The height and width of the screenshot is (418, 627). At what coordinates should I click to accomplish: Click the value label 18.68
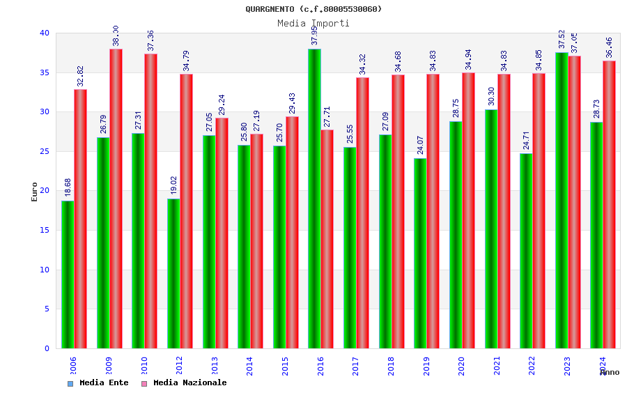[x=68, y=188]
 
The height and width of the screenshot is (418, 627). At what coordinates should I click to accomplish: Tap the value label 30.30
[x=491, y=97]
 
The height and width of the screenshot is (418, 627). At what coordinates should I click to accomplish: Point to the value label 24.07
[x=421, y=146]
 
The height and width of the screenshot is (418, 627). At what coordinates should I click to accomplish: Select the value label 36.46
[x=610, y=47]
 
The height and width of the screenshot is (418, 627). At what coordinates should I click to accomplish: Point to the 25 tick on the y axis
[x=45, y=151]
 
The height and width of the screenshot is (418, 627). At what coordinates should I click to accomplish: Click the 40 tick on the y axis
[x=45, y=33]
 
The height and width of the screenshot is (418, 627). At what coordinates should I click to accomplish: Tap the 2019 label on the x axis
[x=426, y=366]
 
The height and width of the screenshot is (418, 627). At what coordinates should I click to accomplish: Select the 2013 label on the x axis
[x=215, y=366]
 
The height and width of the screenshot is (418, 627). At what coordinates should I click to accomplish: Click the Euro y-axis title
[x=35, y=192]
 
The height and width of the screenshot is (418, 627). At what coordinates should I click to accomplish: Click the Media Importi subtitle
[x=313, y=23]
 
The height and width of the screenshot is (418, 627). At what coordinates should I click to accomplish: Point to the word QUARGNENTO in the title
[x=270, y=9]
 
